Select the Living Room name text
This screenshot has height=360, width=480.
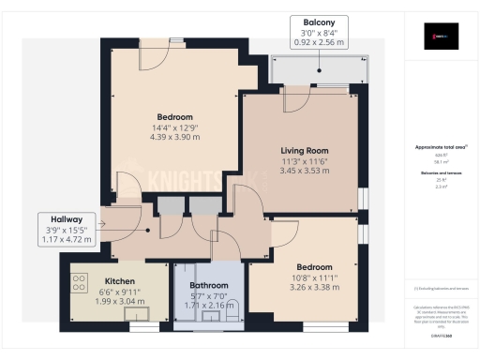tap(305, 150)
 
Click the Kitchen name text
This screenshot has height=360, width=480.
tap(120, 281)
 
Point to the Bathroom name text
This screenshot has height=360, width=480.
tap(208, 285)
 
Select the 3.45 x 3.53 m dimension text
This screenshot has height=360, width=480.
tap(305, 172)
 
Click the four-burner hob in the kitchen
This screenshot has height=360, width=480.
tap(80, 282)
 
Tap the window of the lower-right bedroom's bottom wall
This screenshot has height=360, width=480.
tap(320, 327)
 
